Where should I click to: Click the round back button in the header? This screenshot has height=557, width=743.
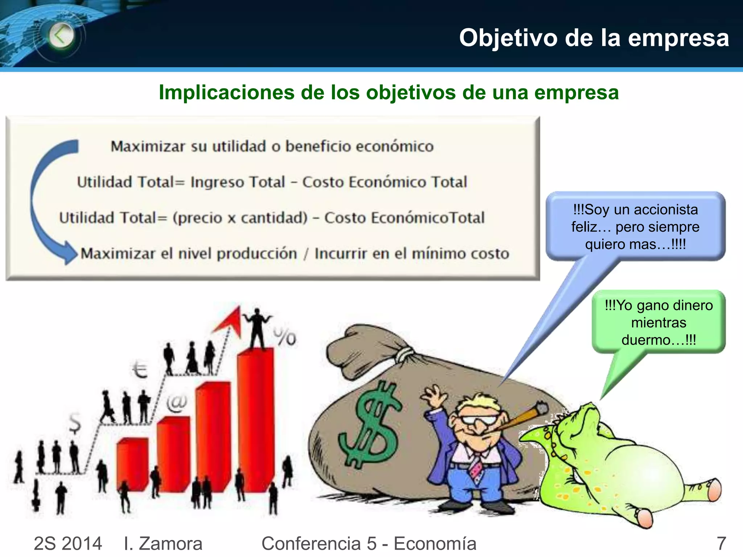tap(61, 36)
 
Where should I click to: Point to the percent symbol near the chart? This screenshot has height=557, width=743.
tap(285, 337)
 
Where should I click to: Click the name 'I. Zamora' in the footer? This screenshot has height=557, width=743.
tap(163, 544)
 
